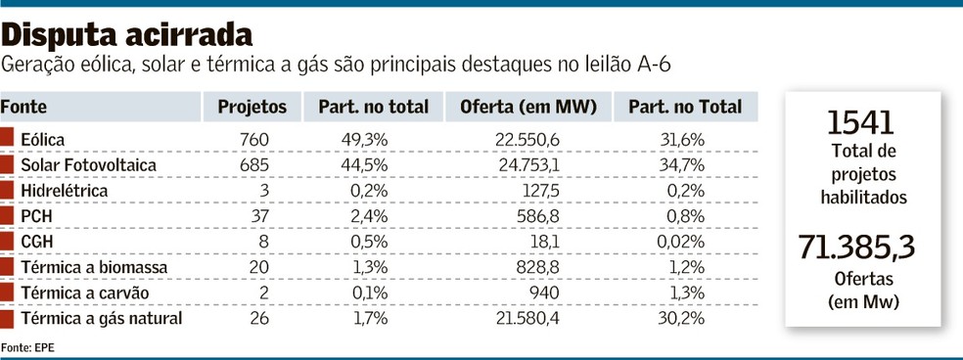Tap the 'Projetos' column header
[252, 107]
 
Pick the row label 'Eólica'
[43, 140]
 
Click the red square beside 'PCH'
[7, 216]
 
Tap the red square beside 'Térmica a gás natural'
[7, 318]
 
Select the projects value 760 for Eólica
[253, 140]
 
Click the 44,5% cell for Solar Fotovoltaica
[366, 165]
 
